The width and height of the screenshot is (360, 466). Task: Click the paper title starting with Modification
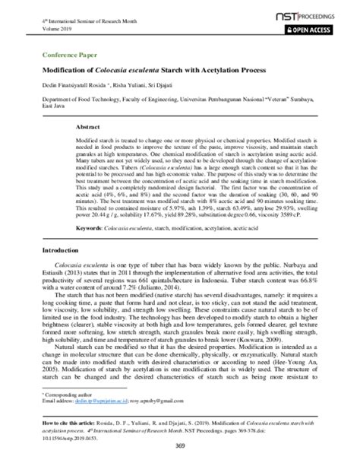tap(153, 70)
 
